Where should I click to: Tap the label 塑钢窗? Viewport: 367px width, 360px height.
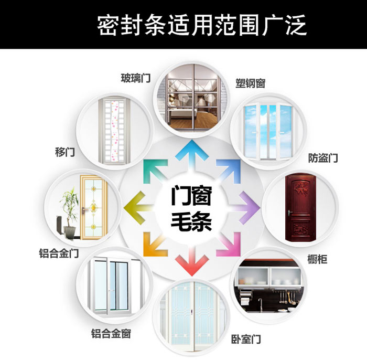coord(250,83)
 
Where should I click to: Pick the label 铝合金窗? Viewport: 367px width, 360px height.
coord(111,333)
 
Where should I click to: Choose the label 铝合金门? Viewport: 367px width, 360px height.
coord(59,253)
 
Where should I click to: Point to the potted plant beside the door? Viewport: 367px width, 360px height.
coord(68,207)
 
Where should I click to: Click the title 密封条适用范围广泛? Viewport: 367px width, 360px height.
coord(202,25)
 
